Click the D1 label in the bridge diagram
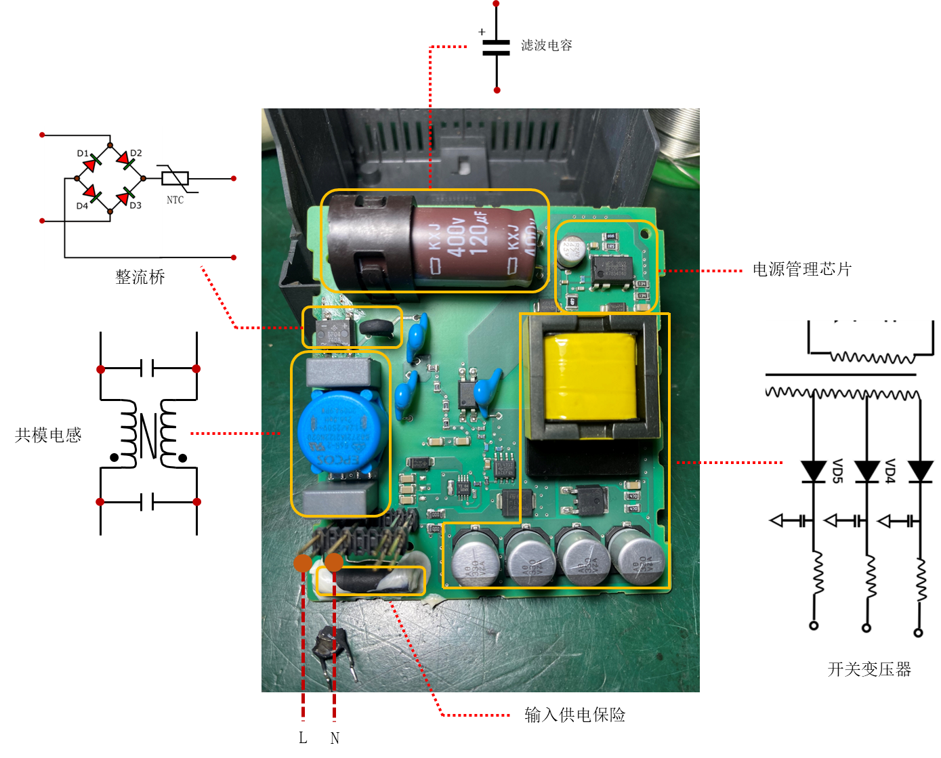click(x=83, y=154)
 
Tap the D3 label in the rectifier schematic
click(x=135, y=205)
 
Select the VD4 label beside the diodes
click(x=890, y=470)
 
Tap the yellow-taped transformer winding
click(x=590, y=377)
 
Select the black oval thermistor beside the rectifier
click(x=377, y=329)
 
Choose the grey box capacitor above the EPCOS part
click(x=339, y=372)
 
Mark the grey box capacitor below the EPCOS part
click(x=340, y=500)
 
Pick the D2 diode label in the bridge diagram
click(x=135, y=153)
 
